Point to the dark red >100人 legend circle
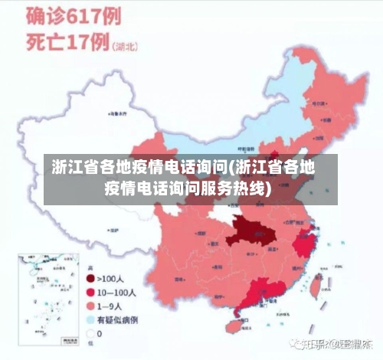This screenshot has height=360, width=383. pyautogui.click(x=90, y=279)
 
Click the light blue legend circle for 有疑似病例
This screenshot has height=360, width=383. pyautogui.click(x=90, y=319)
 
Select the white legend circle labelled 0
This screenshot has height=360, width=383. pyautogui.click(x=90, y=333)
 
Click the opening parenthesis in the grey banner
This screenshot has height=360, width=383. pyautogui.click(x=232, y=166)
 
